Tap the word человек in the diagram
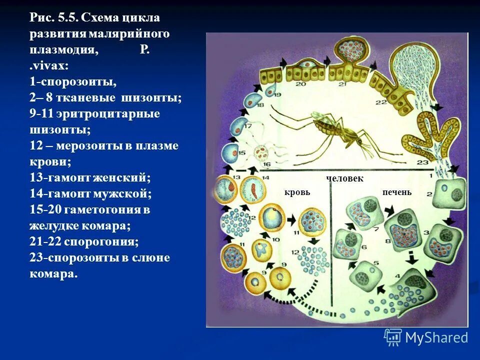344,178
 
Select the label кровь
297,192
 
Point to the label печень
397,192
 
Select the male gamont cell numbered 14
252,190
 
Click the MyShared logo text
436,338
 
